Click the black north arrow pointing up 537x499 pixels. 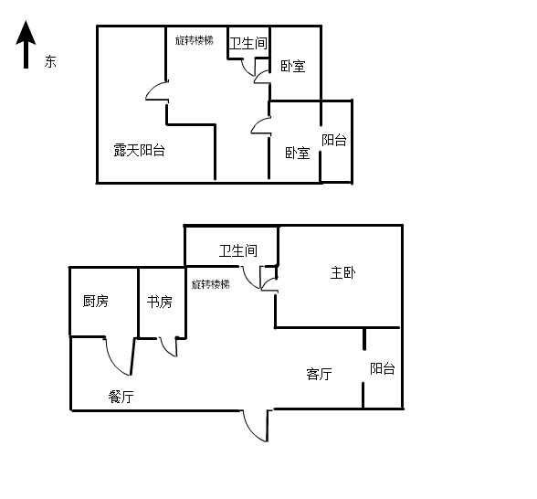[x=26, y=45]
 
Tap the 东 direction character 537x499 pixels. [x=50, y=62]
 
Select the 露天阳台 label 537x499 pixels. [x=139, y=150]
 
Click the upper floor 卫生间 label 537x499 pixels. [x=248, y=44]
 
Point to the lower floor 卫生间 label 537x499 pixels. [x=238, y=250]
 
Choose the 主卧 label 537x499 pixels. [x=342, y=272]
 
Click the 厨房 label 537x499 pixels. [x=96, y=302]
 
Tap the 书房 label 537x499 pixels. [x=160, y=302]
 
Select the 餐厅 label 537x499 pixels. [x=121, y=397]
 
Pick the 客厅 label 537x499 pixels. [x=320, y=374]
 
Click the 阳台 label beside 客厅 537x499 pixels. [x=383, y=368]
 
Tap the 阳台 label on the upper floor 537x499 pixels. [x=334, y=140]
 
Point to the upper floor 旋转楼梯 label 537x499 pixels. [x=195, y=40]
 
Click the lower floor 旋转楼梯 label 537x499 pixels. [x=211, y=284]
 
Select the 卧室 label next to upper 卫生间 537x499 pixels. [x=293, y=66]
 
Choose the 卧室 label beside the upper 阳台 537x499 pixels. [x=298, y=153]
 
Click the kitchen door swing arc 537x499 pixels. [x=112, y=364]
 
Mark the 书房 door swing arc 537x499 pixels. [x=164, y=350]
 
